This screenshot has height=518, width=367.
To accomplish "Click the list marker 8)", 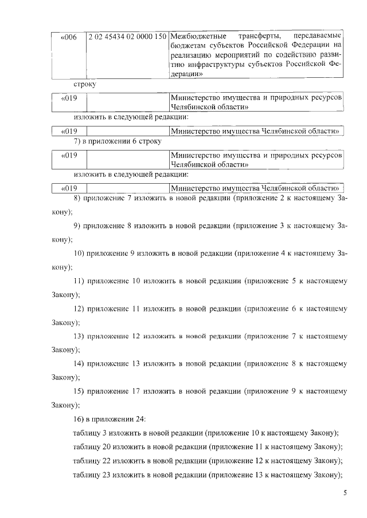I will [78, 198].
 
